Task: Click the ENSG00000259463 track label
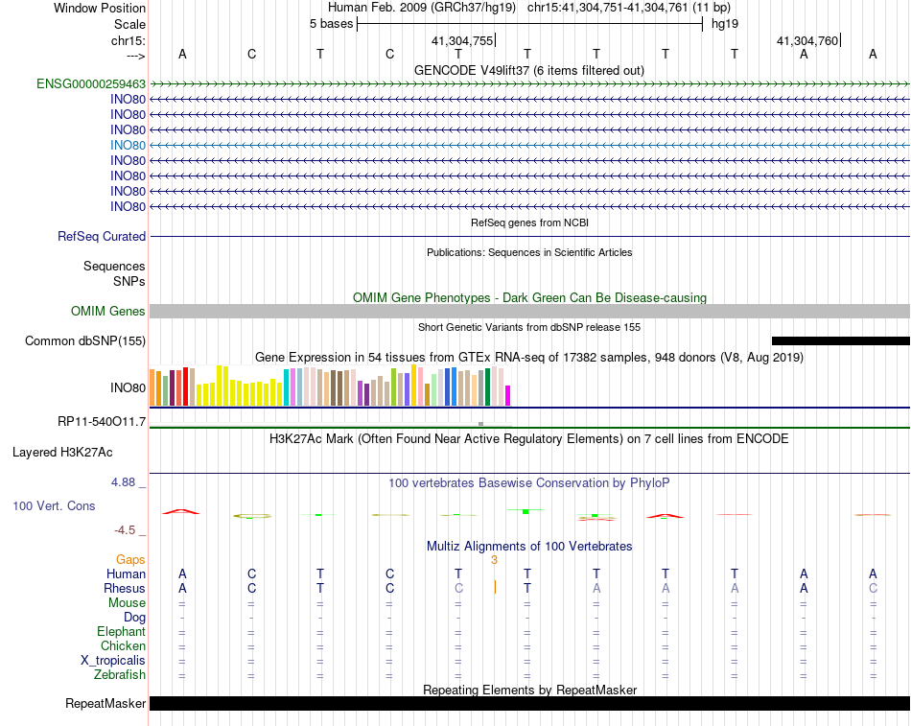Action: pyautogui.click(x=91, y=83)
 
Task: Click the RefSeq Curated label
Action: pyautogui.click(x=102, y=236)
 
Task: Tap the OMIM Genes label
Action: pyautogui.click(x=108, y=311)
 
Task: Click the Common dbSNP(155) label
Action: pyautogui.click(x=85, y=340)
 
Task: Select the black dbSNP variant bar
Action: pyautogui.click(x=840, y=340)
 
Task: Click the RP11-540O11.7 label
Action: pyautogui.click(x=102, y=421)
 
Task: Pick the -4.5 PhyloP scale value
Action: pyautogui.click(x=128, y=529)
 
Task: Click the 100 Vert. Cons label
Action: pyautogui.click(x=54, y=505)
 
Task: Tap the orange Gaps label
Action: pyautogui.click(x=130, y=559)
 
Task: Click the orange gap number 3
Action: pyautogui.click(x=494, y=559)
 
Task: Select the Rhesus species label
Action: pyautogui.click(x=125, y=588)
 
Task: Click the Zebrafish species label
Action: pyautogui.click(x=120, y=674)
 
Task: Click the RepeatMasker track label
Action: pyautogui.click(x=105, y=703)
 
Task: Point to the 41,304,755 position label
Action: pyautogui.click(x=462, y=41)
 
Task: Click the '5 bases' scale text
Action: pyautogui.click(x=331, y=23)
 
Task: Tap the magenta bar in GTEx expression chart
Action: pyautogui.click(x=508, y=394)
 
